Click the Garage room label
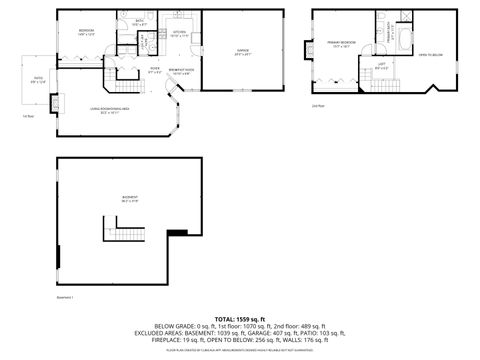click(242, 49)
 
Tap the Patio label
click(39, 79)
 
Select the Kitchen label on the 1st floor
click(180, 33)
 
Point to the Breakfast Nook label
click(180, 70)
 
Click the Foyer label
click(155, 70)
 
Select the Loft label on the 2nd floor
click(382, 66)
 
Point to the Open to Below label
click(431, 55)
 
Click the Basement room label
click(130, 198)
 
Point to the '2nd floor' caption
click(318, 105)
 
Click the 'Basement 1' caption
click(66, 297)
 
